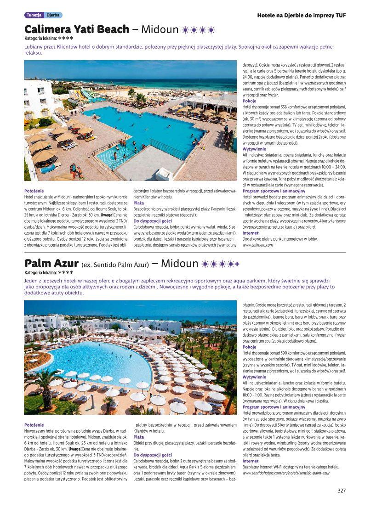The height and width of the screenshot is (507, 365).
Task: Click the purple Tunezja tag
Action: [34, 15]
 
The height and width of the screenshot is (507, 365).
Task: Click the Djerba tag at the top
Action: [52, 15]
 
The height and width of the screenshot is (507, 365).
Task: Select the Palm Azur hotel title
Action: [51, 264]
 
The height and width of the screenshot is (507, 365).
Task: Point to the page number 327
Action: [341, 490]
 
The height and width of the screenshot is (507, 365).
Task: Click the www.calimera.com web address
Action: [258, 245]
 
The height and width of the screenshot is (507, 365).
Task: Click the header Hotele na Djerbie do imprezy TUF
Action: [301, 15]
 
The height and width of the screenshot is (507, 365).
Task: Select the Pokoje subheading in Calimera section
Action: [249, 101]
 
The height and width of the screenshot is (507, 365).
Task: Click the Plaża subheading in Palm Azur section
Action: [138, 437]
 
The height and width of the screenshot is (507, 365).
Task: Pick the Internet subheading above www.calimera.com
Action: [250, 233]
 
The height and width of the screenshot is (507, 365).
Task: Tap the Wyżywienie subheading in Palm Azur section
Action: [254, 377]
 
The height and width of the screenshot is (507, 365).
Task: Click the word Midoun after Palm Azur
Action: [180, 264]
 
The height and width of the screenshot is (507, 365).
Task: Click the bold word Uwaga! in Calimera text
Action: [106, 215]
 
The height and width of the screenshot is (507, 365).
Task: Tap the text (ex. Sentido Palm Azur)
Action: [115, 265]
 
